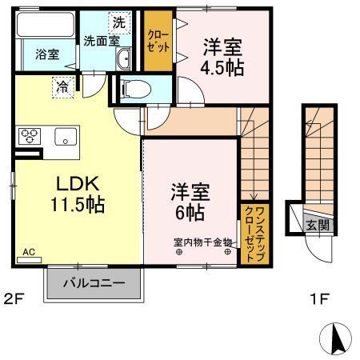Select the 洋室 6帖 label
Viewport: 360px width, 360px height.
coord(190,204)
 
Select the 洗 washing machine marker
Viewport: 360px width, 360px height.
coord(118,22)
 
